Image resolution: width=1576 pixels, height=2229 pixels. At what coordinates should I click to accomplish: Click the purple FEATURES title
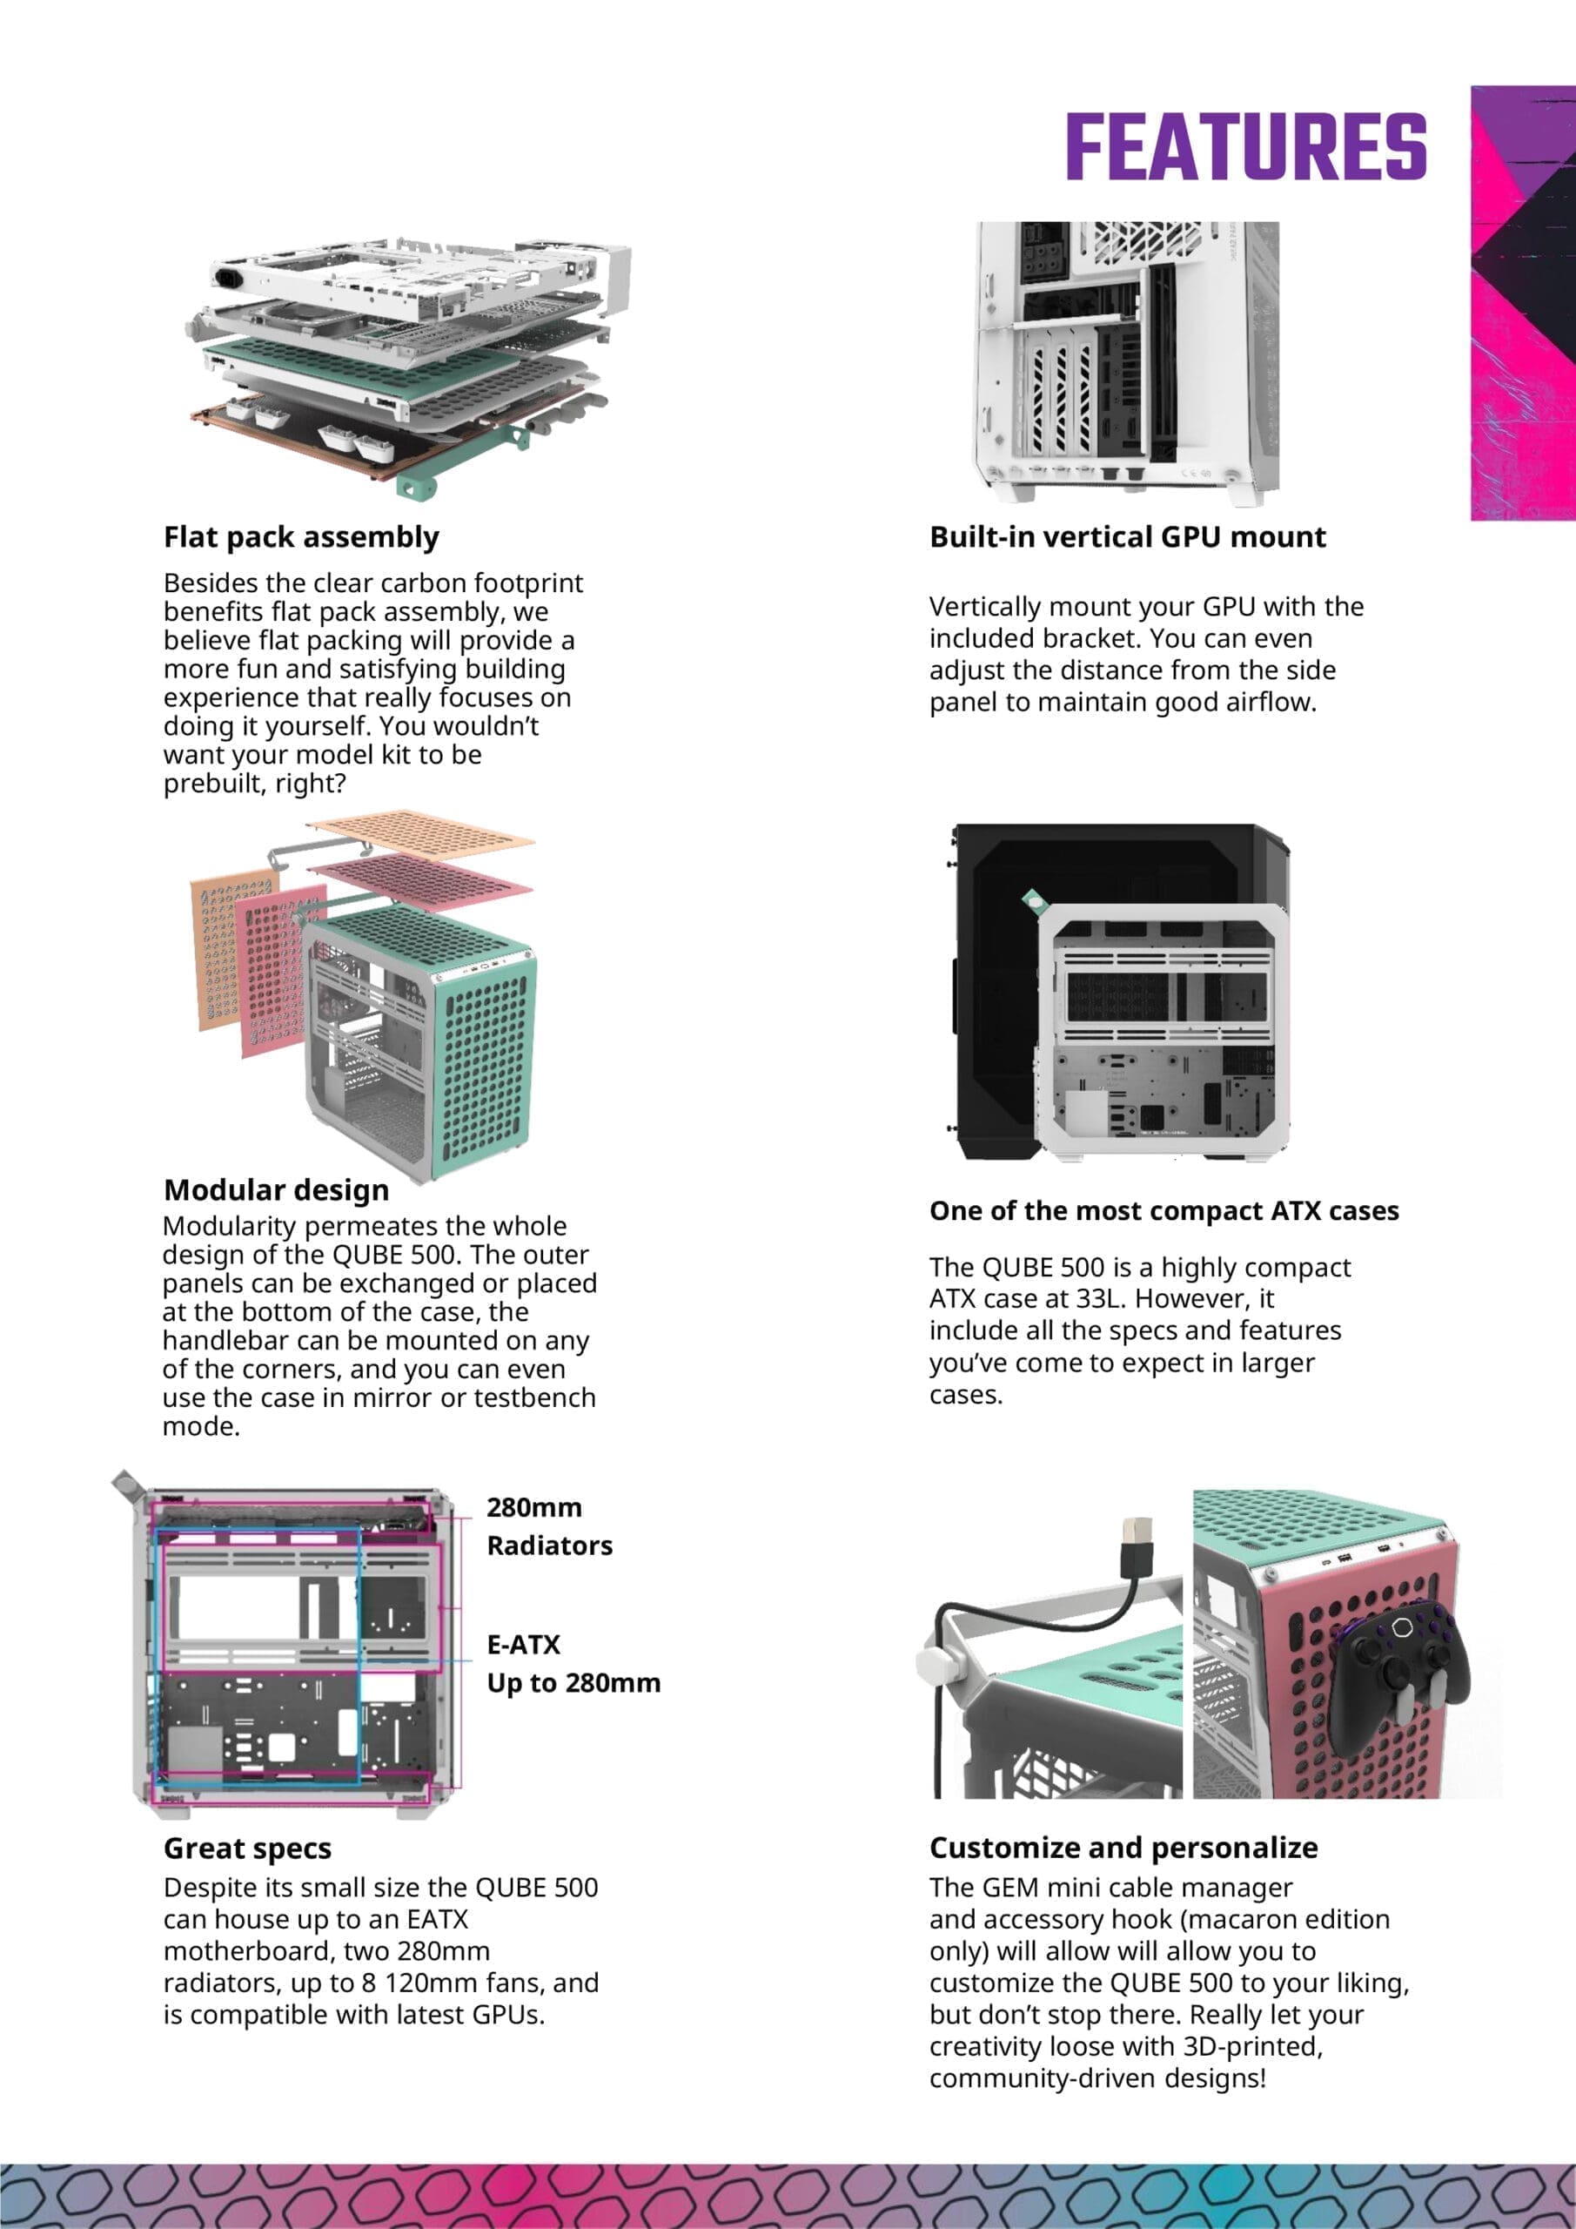(1245, 146)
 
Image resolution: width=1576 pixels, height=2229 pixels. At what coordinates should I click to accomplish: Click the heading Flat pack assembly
(301, 537)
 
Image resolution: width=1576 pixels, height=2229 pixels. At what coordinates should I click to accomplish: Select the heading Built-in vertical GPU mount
(1127, 537)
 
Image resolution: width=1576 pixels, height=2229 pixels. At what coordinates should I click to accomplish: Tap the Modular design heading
(276, 1189)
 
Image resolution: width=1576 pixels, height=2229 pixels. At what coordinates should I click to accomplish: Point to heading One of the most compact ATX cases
(1164, 1210)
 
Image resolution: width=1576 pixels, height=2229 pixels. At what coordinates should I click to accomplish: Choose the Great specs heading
(247, 1848)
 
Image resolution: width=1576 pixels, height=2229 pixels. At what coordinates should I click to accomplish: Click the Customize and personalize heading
(1123, 1847)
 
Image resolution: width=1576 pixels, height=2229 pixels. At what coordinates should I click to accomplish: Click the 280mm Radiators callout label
(548, 1526)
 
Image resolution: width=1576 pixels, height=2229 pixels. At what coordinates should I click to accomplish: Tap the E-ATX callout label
(523, 1645)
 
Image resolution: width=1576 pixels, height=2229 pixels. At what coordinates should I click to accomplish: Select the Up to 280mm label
(573, 1682)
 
